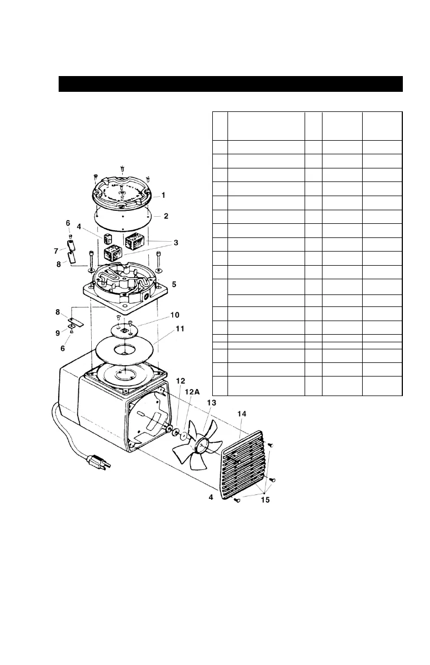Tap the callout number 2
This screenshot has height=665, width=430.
pyautogui.click(x=166, y=216)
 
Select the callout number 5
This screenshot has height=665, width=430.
pyautogui.click(x=174, y=284)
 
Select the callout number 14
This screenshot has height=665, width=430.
pyautogui.click(x=241, y=413)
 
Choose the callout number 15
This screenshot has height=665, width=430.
pyautogui.click(x=264, y=499)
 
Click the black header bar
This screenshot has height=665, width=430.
pyautogui.click(x=230, y=84)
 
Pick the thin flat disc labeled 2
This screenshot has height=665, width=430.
pyautogui.click(x=122, y=220)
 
